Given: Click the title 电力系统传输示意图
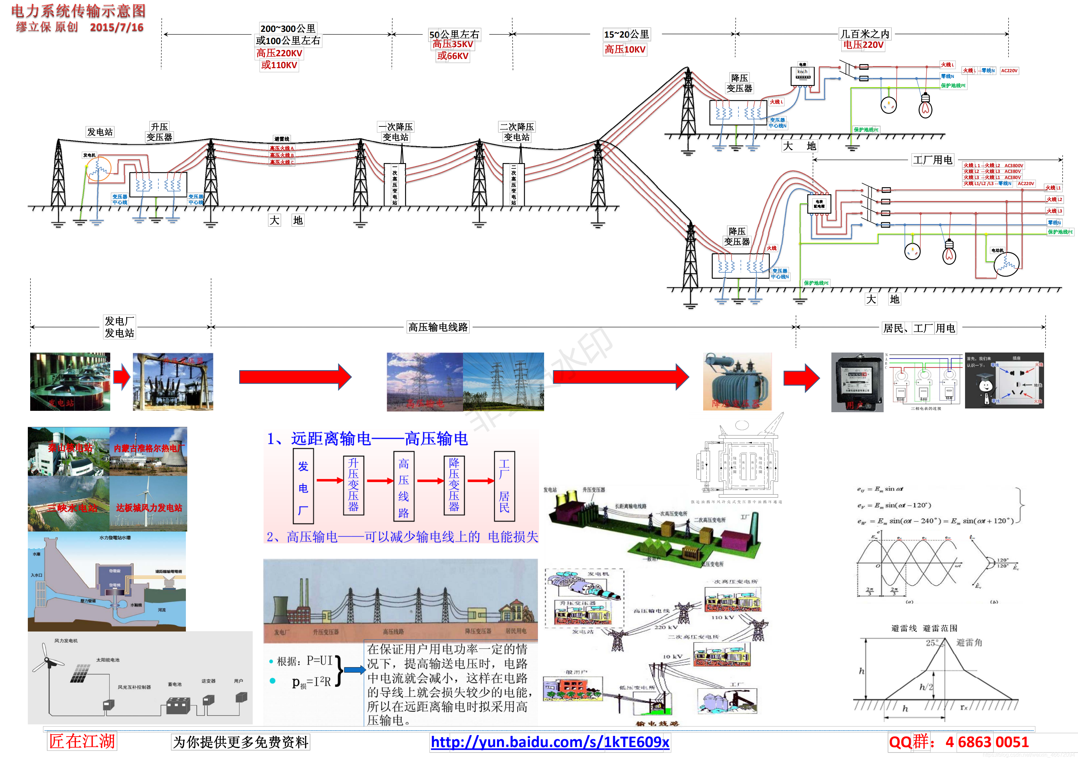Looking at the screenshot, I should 78,11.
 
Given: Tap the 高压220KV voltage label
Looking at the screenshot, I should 280,53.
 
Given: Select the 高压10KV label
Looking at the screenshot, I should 625,49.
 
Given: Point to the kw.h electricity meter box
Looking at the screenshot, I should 803,75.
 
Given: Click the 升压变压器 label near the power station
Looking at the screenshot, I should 159,132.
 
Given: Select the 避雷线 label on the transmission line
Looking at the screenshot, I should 282,139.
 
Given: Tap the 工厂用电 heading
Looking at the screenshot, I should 932,160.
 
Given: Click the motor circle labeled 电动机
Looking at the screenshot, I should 1006,264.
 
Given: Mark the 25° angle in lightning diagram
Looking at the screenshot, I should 932,643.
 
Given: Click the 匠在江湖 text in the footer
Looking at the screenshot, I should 82,741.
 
